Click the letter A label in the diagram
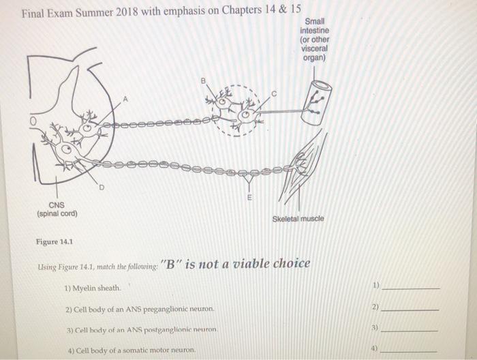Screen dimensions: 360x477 125,100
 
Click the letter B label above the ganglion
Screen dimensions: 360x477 202,81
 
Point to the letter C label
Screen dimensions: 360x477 274,93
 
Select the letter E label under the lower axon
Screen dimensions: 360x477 249,197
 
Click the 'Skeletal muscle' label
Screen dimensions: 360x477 298,219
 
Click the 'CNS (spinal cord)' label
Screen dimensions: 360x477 57,209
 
